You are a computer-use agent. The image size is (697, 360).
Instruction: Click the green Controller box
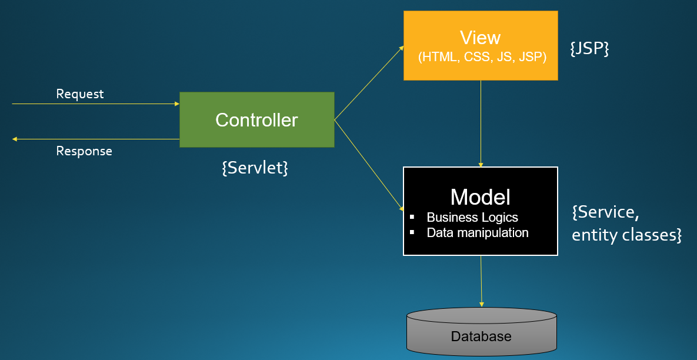[256, 119]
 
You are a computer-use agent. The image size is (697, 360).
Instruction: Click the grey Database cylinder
[481, 333]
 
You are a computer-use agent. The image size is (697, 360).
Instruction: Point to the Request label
[79, 94]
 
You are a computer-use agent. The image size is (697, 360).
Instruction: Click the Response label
[84, 151]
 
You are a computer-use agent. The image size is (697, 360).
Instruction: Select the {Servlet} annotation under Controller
[255, 168]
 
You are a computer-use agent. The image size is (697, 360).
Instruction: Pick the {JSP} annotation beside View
[589, 48]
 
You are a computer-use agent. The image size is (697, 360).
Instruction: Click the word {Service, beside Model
[606, 212]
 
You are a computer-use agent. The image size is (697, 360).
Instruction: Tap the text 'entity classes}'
[626, 235]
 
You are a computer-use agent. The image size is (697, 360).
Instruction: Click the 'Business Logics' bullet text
[472, 218]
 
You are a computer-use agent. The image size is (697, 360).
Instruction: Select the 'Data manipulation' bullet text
[478, 233]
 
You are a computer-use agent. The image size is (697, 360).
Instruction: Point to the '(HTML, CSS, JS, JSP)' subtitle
[482, 57]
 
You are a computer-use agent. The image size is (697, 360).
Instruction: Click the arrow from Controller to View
[369, 83]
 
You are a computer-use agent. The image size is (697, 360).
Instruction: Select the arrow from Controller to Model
[369, 165]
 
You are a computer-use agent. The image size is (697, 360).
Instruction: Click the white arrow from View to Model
[481, 124]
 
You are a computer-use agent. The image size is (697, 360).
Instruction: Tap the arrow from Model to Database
[481, 281]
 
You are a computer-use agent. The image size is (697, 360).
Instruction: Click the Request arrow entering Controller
[94, 104]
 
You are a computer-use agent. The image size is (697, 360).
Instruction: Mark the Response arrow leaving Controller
[94, 139]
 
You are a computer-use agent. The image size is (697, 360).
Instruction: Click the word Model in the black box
[480, 197]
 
